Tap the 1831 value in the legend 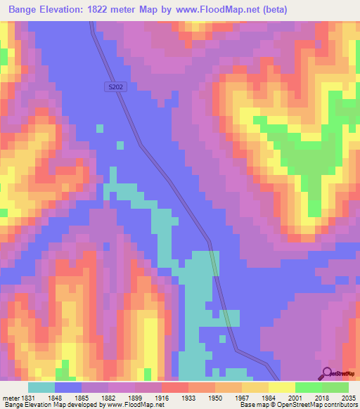click(27, 397)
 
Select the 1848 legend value click(54, 397)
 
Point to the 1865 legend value click(81, 397)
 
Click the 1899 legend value click(134, 397)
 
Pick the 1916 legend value click(161, 397)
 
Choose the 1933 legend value click(188, 397)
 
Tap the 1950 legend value click(214, 397)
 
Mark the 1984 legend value click(268, 397)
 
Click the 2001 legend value click(295, 397)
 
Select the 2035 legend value click(347, 397)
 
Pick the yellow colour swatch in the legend click(281, 387)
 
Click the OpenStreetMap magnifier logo click(327, 372)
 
